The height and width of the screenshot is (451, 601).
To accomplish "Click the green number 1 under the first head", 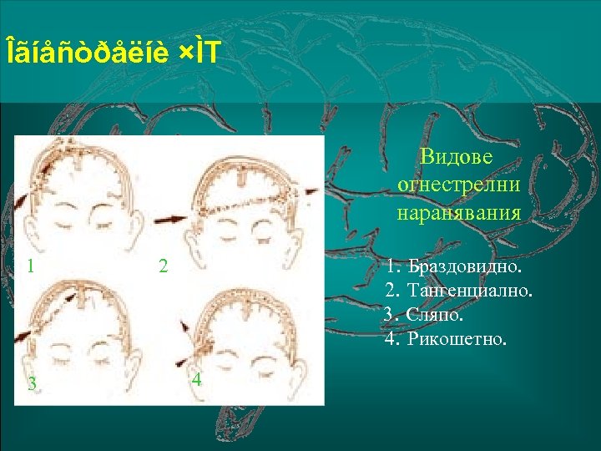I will pyautogui.click(x=30, y=267).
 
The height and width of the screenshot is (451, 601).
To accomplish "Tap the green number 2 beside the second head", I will pyautogui.click(x=164, y=267).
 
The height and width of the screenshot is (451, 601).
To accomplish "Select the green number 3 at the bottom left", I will pyautogui.click(x=31, y=384).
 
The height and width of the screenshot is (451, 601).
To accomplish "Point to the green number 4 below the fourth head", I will pyautogui.click(x=196, y=379).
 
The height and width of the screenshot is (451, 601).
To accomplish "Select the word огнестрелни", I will pyautogui.click(x=458, y=184).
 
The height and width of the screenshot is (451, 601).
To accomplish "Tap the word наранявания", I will pyautogui.click(x=458, y=212).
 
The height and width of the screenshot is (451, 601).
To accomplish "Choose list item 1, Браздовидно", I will pyautogui.click(x=464, y=268).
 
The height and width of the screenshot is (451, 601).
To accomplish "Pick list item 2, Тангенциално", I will pyautogui.click(x=469, y=291).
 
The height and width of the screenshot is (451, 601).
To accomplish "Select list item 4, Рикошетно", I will pyautogui.click(x=456, y=340).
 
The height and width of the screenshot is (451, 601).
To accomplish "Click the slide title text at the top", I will pyautogui.click(x=113, y=53).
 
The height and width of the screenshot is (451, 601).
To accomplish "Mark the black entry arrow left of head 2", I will pyautogui.click(x=171, y=219).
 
